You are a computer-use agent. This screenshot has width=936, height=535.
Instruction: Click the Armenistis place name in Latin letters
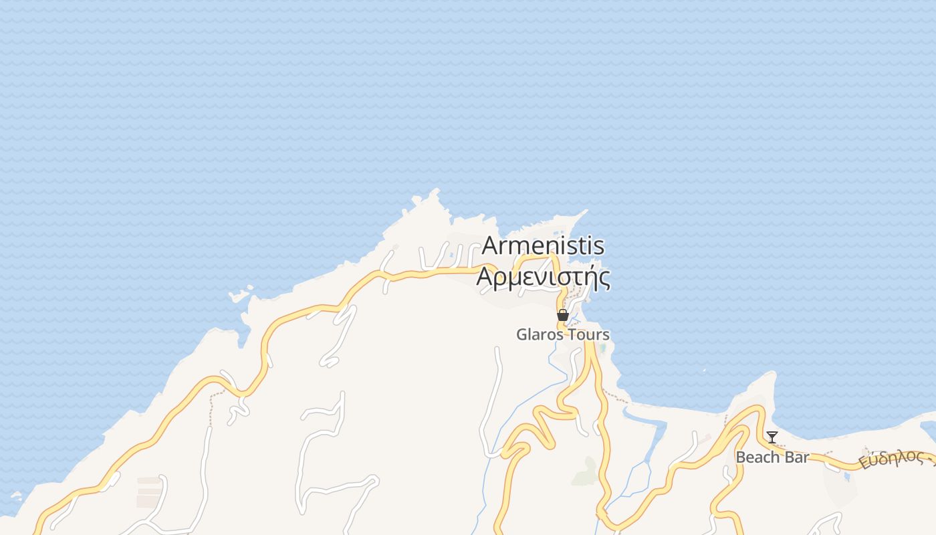(x=543, y=246)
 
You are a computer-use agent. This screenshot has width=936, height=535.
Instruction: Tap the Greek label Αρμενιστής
(x=543, y=276)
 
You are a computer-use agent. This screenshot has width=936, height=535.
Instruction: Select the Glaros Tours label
(x=562, y=334)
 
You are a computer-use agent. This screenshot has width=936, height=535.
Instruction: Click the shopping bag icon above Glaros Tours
(x=563, y=315)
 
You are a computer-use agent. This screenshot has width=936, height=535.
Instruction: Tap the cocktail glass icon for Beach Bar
(x=772, y=437)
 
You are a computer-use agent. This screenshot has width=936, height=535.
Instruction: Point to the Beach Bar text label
(x=772, y=457)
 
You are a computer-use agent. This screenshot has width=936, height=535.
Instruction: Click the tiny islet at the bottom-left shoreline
(x=15, y=497)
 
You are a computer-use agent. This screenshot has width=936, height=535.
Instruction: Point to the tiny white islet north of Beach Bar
(x=704, y=370)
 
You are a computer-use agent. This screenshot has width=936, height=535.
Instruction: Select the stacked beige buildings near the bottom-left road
(x=149, y=492)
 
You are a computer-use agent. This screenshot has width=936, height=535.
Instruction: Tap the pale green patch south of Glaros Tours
(x=586, y=471)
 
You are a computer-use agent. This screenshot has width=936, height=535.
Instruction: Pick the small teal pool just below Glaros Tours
(x=603, y=348)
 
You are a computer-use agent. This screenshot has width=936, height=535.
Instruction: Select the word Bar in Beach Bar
(x=796, y=457)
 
